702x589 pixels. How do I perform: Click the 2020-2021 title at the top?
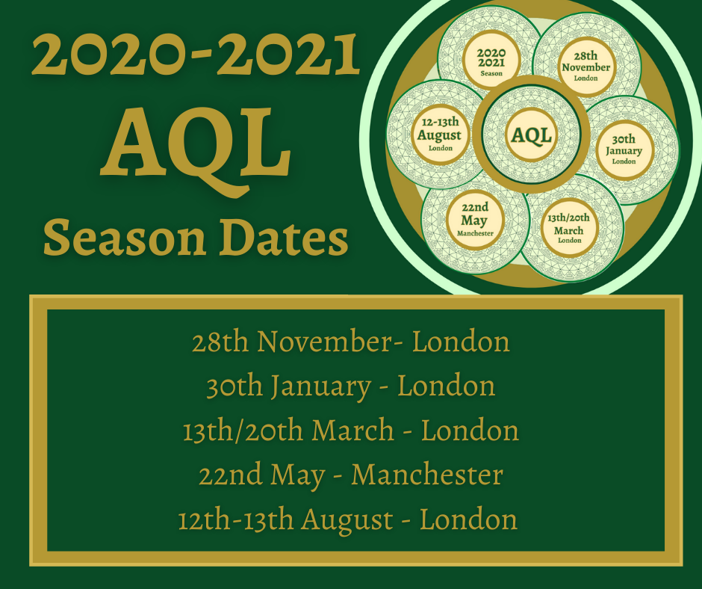coord(196,55)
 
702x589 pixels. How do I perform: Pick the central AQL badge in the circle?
coord(532,135)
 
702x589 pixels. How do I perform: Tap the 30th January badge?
coord(624,150)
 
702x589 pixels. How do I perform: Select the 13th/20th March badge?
coord(568,229)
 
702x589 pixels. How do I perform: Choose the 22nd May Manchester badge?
coord(475,220)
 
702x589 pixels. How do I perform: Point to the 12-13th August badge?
coord(440,135)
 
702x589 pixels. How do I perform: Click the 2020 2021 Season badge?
coord(491,61)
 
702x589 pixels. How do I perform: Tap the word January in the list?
coord(320,386)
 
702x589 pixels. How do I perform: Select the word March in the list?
coord(352,431)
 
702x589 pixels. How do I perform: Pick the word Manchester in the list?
coord(427,475)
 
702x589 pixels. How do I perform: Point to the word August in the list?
coord(347,520)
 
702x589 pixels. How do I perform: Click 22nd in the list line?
coord(230,475)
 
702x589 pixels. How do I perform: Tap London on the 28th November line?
coord(461,342)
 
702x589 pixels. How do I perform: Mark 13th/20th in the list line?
coord(243,431)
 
